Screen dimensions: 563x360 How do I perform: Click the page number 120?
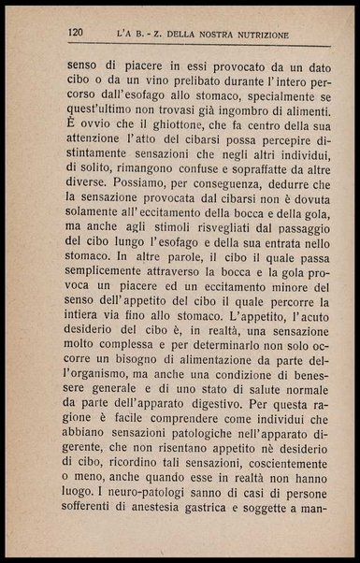pos(77,35)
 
